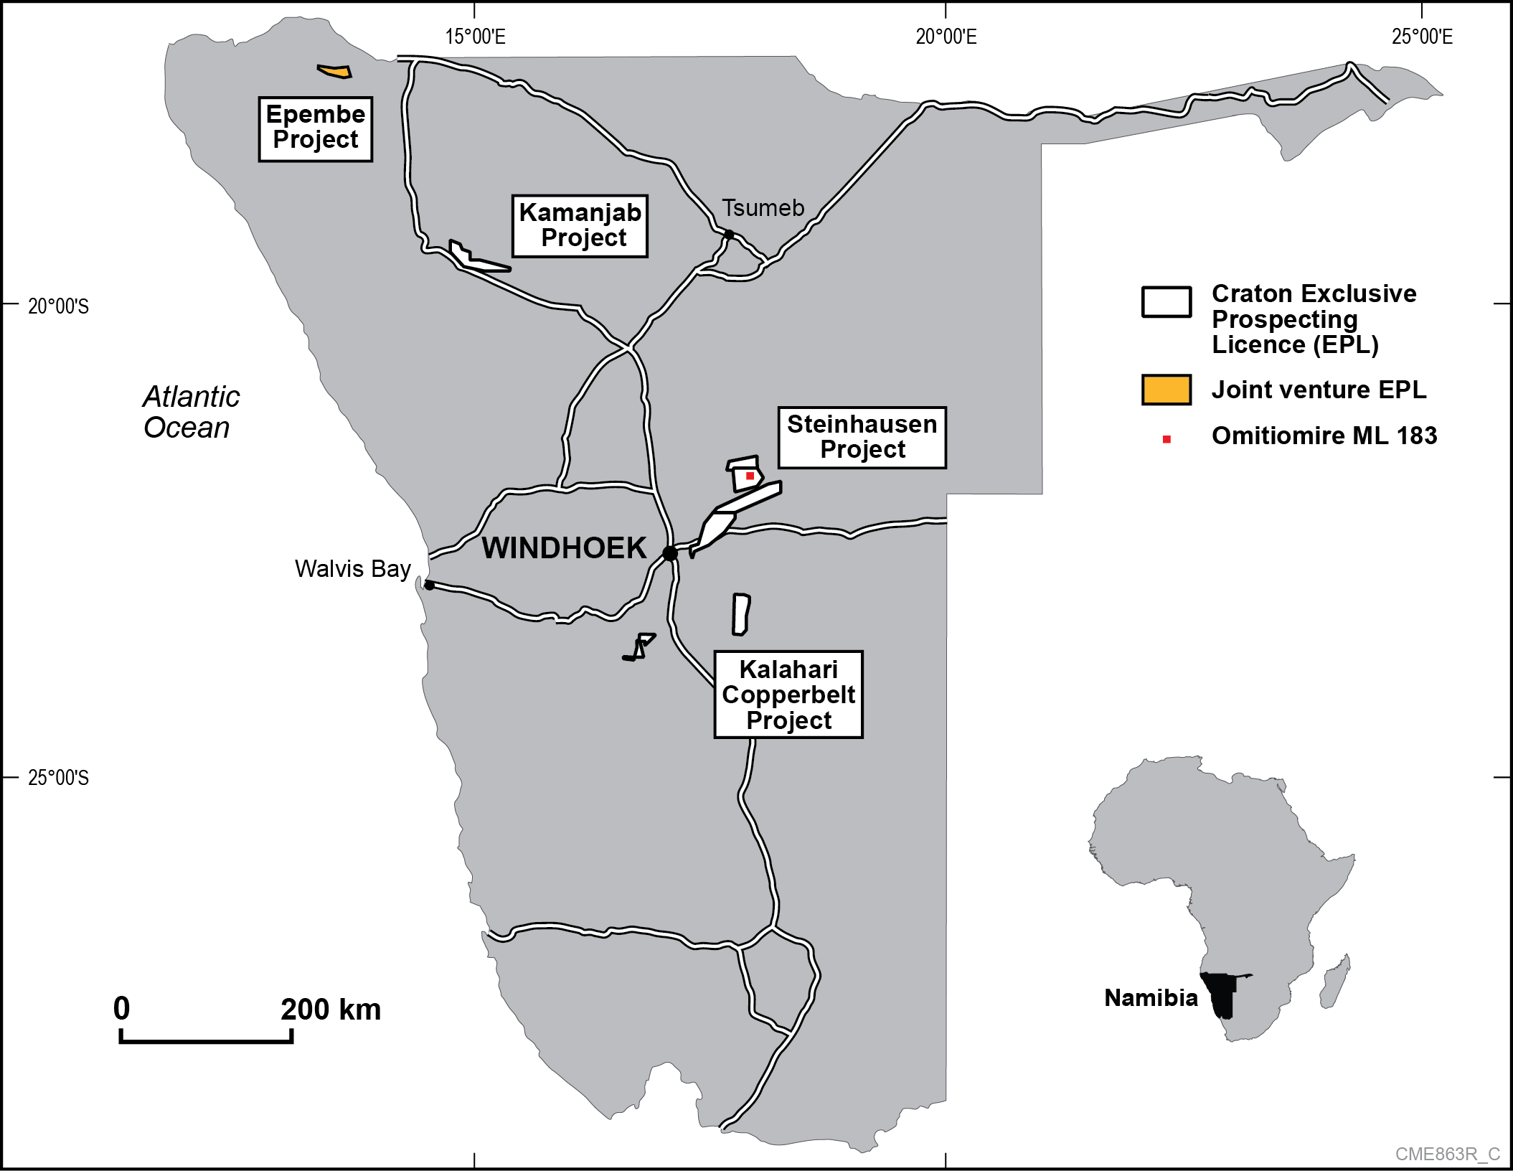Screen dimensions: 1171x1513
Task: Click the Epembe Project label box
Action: pyautogui.click(x=315, y=129)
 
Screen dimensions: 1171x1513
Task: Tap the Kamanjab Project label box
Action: pyautogui.click(x=580, y=226)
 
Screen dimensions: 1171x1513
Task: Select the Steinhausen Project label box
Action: pyautogui.click(x=862, y=438)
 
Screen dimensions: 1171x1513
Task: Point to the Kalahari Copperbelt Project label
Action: pyautogui.click(x=788, y=694)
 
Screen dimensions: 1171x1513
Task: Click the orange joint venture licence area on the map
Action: pyautogui.click(x=335, y=71)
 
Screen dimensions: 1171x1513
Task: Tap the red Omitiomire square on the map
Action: pyautogui.click(x=750, y=476)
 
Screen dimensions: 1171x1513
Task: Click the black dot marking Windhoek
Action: pyautogui.click(x=670, y=553)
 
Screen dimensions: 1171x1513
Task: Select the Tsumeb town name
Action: pyautogui.click(x=763, y=208)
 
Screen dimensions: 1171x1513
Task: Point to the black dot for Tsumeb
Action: pyautogui.click(x=728, y=235)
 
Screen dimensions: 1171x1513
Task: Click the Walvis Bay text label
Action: pyautogui.click(x=352, y=569)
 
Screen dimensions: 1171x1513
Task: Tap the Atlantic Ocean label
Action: pyautogui.click(x=191, y=412)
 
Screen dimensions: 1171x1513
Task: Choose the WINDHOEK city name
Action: pyautogui.click(x=564, y=548)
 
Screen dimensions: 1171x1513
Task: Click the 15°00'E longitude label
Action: pyautogui.click(x=475, y=37)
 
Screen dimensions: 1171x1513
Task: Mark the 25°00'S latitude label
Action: pyautogui.click(x=58, y=778)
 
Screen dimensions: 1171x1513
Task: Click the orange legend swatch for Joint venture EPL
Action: pyautogui.click(x=1166, y=390)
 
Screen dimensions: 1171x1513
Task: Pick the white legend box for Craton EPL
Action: pyautogui.click(x=1166, y=301)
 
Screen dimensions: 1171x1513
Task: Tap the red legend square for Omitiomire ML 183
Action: pyautogui.click(x=1166, y=439)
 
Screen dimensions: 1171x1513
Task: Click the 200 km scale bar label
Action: pyautogui.click(x=330, y=1010)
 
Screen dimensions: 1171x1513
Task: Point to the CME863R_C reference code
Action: pyautogui.click(x=1447, y=1154)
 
